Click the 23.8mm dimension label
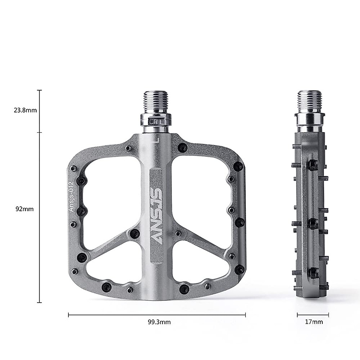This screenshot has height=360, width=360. [x=25, y=110]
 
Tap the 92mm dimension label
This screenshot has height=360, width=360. [x=25, y=209]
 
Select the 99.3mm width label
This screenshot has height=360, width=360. [x=159, y=322]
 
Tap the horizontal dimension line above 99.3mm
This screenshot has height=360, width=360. [x=157, y=315]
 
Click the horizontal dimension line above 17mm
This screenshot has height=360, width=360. [x=313, y=315]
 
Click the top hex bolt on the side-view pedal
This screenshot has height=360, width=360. [x=313, y=164]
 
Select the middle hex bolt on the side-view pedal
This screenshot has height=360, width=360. [x=313, y=223]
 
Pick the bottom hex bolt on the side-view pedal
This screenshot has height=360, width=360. [x=313, y=272]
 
